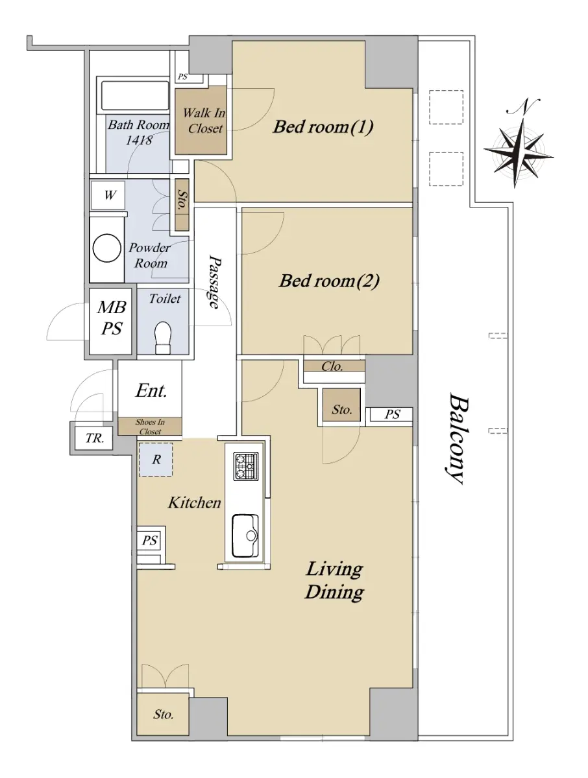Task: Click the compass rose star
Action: coord(519,152)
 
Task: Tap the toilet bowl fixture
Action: coord(163,337)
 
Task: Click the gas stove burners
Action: coord(245,466)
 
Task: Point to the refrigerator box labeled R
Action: coord(155,460)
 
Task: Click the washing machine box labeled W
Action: coord(108,195)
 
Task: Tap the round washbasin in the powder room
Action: coord(106,248)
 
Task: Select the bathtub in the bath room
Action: coord(135,96)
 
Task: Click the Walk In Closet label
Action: coord(204,121)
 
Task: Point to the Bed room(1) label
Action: coord(323,126)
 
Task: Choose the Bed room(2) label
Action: coord(329,281)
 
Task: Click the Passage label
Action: coord(215,282)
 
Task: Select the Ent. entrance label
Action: coord(151,390)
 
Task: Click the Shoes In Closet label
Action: coord(150,427)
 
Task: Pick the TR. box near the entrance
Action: coord(94,438)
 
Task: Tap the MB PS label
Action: coord(112,318)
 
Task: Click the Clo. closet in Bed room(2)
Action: coord(334,366)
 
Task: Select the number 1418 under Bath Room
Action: coord(139,140)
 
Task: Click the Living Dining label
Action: coord(334,580)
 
